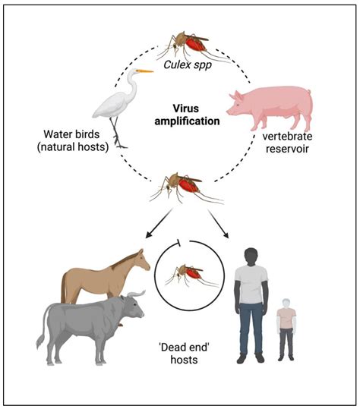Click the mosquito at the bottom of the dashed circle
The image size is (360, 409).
tap(182, 186)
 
